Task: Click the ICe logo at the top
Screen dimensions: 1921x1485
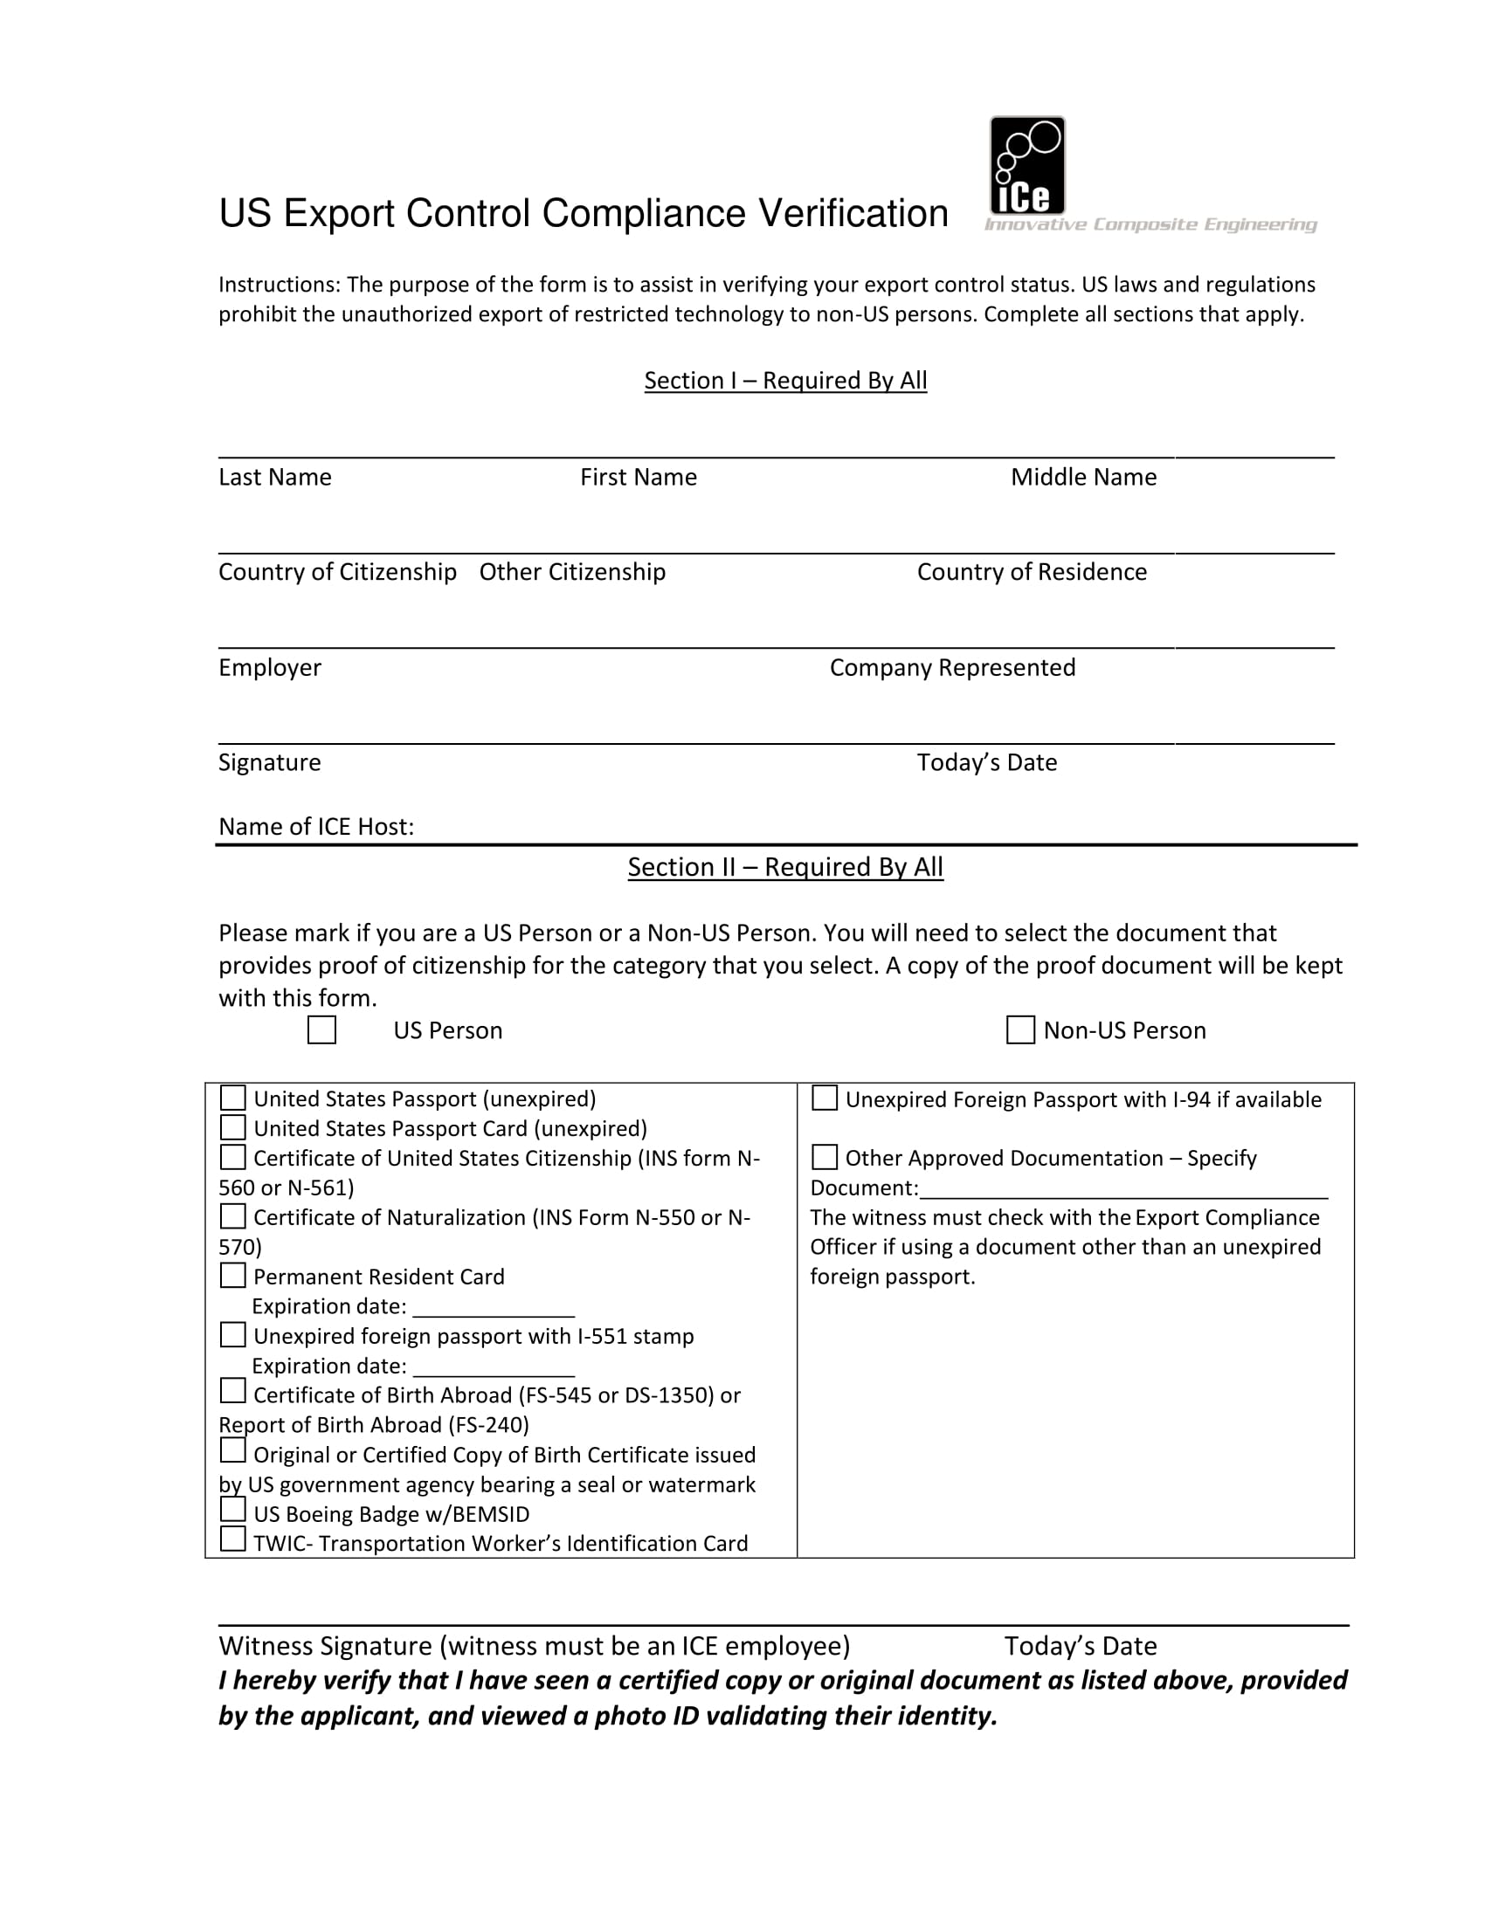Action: pyautogui.click(x=1026, y=166)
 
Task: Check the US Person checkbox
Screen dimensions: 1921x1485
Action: pyautogui.click(x=321, y=1030)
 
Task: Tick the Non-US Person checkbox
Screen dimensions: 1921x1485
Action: pyautogui.click(x=1019, y=1030)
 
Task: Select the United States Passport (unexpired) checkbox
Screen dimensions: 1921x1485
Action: pyautogui.click(x=232, y=1098)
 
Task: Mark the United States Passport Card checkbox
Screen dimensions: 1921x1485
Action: pyautogui.click(x=232, y=1126)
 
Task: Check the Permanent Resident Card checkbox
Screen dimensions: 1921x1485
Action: pyautogui.click(x=232, y=1275)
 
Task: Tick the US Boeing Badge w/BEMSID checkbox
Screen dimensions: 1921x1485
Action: pyautogui.click(x=232, y=1510)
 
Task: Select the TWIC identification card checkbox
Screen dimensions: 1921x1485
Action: pyautogui.click(x=232, y=1539)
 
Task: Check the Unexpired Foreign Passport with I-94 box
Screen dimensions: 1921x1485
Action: pyautogui.click(x=825, y=1098)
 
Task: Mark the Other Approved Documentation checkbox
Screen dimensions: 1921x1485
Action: pyautogui.click(x=825, y=1157)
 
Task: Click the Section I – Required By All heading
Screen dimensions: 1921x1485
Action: pyautogui.click(x=784, y=381)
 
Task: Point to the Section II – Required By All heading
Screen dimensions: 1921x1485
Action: pyautogui.click(x=784, y=867)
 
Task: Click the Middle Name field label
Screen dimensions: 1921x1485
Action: pyautogui.click(x=1083, y=478)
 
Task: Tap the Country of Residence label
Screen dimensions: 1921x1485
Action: pyautogui.click(x=1031, y=573)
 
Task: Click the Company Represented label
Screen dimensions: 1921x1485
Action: pyautogui.click(x=952, y=668)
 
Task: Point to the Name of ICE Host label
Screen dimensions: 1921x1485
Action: pyautogui.click(x=316, y=827)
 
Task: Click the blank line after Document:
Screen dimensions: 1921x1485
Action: pyautogui.click(x=1122, y=1189)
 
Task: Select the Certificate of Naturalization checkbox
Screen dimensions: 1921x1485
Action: pyautogui.click(x=232, y=1216)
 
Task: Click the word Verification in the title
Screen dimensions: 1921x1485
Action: pyautogui.click(x=853, y=214)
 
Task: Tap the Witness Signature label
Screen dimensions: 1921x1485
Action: pyautogui.click(x=533, y=1646)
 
